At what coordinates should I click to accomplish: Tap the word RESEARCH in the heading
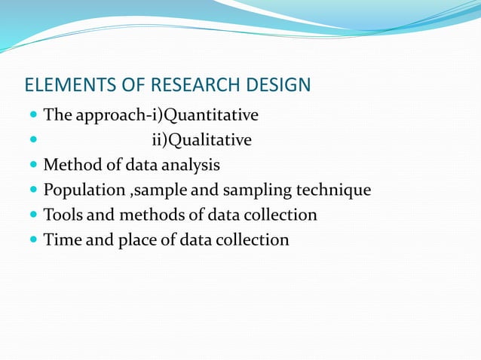click(190, 85)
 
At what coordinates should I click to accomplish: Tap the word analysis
click(189, 166)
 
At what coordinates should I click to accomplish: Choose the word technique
click(336, 191)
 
